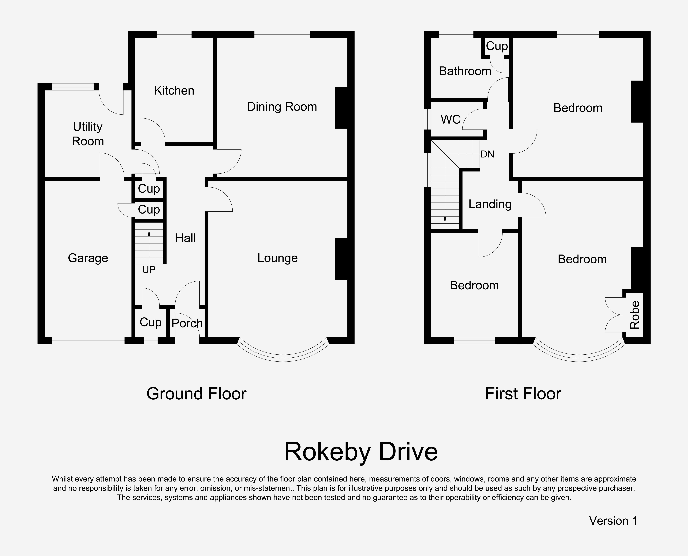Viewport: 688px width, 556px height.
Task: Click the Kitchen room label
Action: click(174, 91)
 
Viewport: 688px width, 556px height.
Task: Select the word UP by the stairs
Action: click(149, 270)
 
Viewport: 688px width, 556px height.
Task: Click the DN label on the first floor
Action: click(487, 154)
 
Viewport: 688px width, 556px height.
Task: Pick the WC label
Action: click(451, 119)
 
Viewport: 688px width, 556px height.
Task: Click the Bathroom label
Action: click(465, 71)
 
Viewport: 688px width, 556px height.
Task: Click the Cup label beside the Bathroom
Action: click(497, 46)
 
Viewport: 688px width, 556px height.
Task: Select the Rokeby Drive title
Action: click(361, 452)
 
